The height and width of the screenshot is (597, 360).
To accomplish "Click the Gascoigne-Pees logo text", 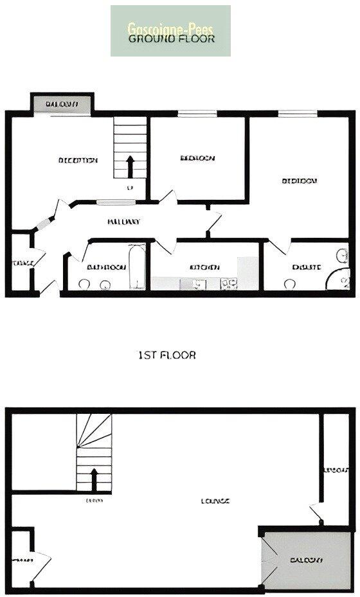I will [x=170, y=28].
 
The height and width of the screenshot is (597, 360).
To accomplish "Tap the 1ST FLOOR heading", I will [x=167, y=355].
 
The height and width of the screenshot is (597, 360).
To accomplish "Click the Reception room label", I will [x=78, y=160].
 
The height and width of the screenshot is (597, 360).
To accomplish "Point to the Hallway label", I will [x=123, y=222].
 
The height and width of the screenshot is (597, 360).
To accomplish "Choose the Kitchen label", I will [x=205, y=267].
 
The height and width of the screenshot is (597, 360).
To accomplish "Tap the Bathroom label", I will [x=106, y=267].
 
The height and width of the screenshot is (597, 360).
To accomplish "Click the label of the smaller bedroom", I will [x=197, y=158].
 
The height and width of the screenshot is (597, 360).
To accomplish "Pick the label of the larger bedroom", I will [x=300, y=181].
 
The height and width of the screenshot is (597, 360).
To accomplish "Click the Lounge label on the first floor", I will [x=215, y=501].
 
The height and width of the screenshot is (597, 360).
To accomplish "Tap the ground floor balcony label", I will [x=62, y=103].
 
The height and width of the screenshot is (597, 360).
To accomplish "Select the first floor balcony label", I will [x=305, y=560].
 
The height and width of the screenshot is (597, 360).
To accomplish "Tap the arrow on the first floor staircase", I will [x=94, y=479].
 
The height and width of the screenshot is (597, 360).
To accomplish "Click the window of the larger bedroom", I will [x=298, y=115].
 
